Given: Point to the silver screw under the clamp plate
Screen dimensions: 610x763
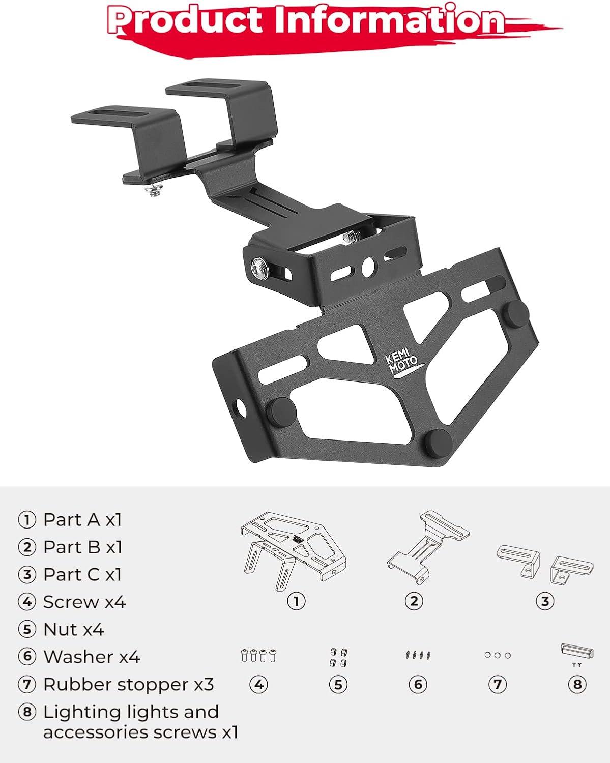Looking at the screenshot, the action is tap(154, 190).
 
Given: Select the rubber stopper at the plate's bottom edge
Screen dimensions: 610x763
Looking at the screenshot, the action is tap(439, 443).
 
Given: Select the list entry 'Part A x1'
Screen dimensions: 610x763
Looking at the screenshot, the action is tap(82, 520).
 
